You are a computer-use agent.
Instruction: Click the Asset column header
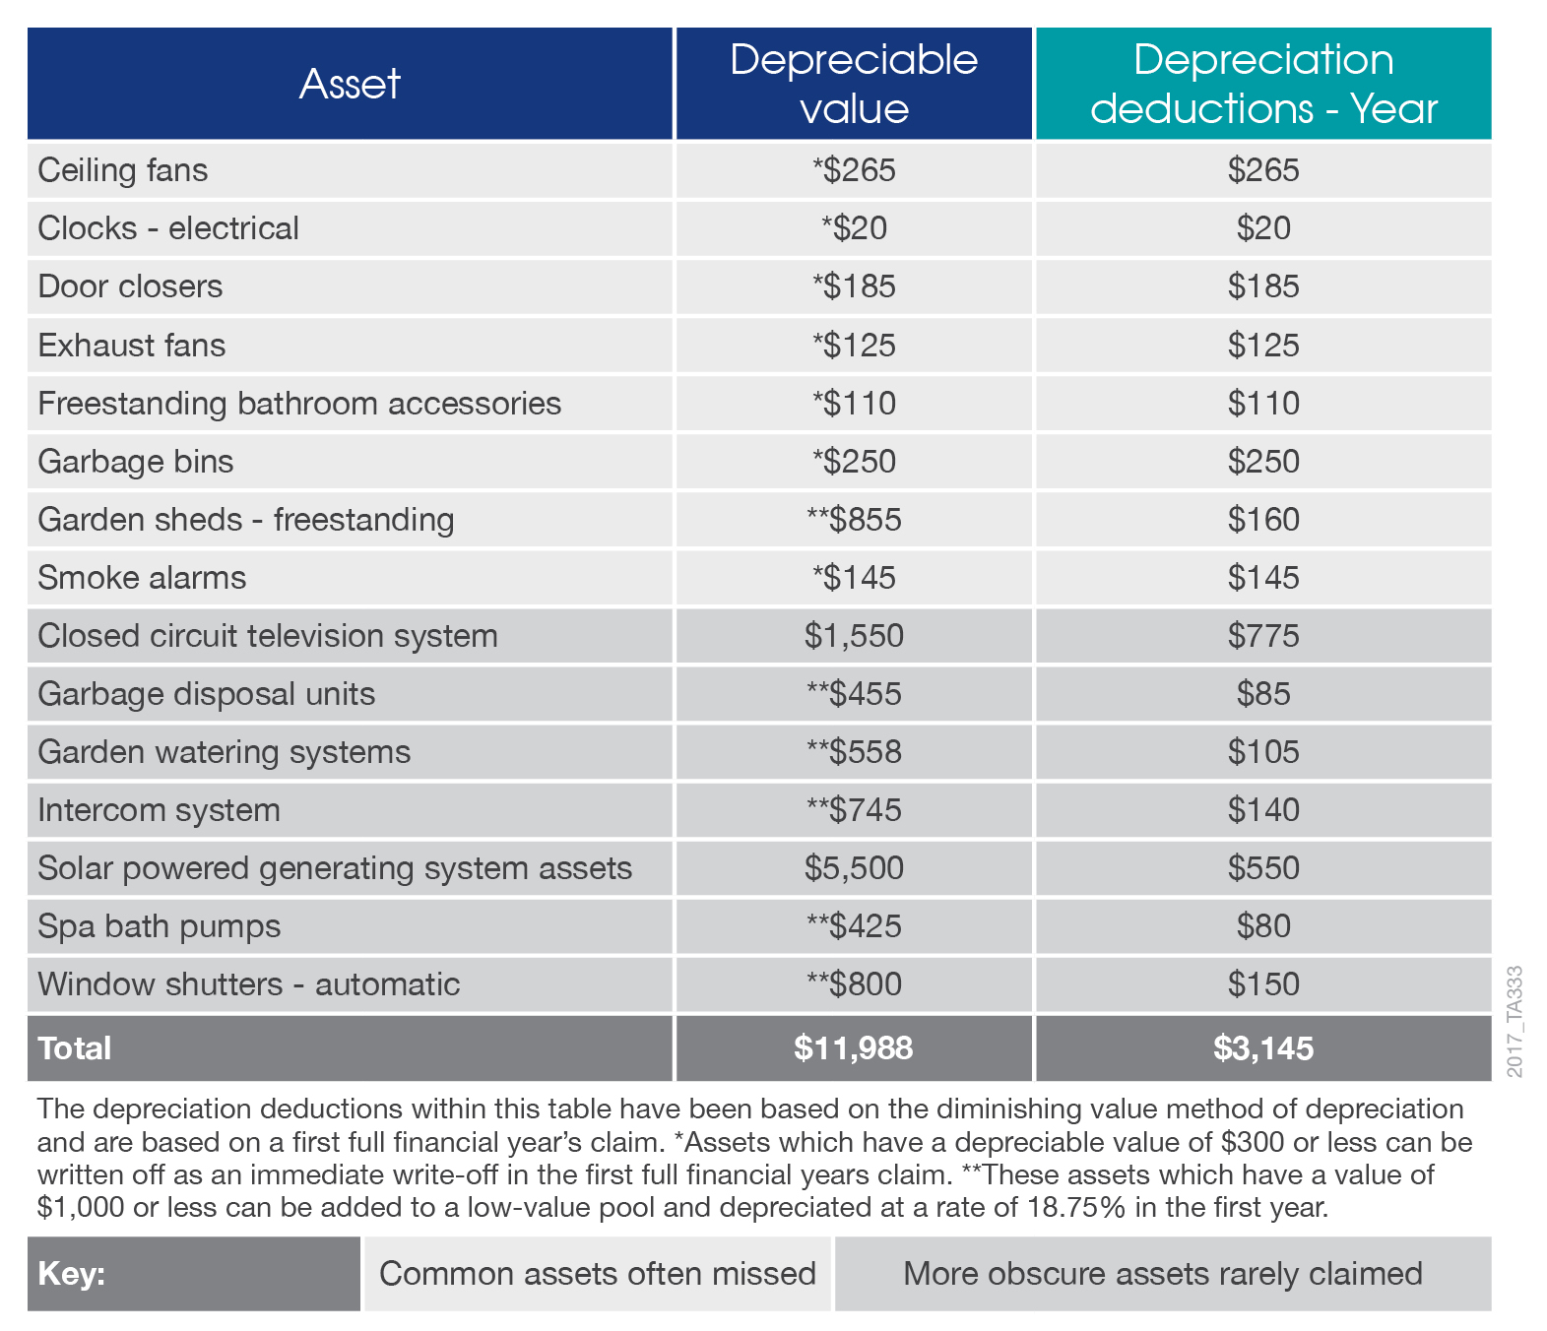[x=350, y=83]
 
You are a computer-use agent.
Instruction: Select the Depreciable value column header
[x=853, y=83]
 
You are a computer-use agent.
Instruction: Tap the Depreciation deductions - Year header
[x=1263, y=83]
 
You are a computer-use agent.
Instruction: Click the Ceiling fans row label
[x=123, y=170]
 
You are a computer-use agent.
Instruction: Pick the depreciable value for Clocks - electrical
[x=854, y=228]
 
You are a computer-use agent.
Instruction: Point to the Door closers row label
[x=130, y=286]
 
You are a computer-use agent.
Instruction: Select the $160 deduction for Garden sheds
[x=1263, y=519]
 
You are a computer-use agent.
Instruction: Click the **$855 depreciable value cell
[x=854, y=519]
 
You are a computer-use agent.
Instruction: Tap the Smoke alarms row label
[x=142, y=578]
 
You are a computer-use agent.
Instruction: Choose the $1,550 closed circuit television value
[x=854, y=636]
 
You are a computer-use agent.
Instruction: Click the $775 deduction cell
[x=1263, y=636]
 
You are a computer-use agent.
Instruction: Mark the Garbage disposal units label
[x=207, y=693]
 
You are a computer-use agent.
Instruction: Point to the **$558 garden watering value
[x=854, y=752]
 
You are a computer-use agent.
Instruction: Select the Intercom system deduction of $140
[x=1263, y=810]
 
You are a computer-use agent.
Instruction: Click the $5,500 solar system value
[x=854, y=868]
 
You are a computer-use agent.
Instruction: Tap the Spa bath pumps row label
[x=160, y=926]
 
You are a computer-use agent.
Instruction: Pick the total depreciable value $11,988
[x=853, y=1048]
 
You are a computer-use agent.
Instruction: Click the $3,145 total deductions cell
[x=1263, y=1048]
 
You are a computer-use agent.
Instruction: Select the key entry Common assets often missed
[x=598, y=1273]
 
